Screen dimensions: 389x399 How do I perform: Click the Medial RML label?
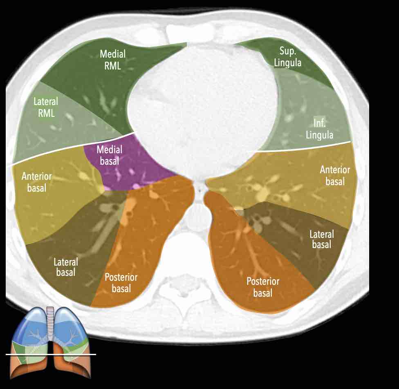click(112, 60)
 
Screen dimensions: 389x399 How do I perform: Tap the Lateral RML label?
click(46, 107)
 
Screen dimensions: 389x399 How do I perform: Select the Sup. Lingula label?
click(290, 57)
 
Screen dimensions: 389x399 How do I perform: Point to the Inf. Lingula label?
click(320, 129)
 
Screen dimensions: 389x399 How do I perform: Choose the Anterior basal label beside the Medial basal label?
click(36, 182)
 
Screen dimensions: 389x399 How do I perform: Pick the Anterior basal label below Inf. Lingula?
click(335, 175)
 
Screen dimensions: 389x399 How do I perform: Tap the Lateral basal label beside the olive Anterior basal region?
click(65, 266)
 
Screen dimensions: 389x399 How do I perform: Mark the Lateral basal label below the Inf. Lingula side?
click(322, 239)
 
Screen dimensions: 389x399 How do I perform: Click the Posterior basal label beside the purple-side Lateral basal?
click(121, 283)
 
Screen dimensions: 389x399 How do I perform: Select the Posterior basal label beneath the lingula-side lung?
click(262, 287)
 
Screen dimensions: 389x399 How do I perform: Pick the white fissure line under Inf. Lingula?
click(303, 147)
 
